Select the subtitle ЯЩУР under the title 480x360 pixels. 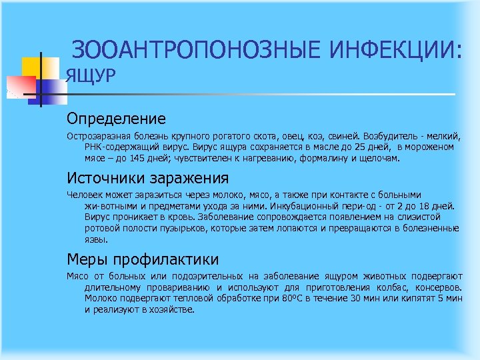pos(91,77)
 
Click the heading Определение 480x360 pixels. pos(115,119)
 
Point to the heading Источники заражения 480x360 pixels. pos(147,178)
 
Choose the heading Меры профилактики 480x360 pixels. pos(142,259)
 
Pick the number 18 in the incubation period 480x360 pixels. pos(424,207)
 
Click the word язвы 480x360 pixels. pos(95,239)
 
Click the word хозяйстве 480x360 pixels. pos(173,310)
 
